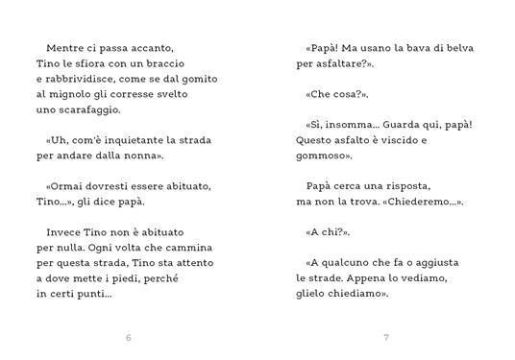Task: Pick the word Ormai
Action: pos(66,185)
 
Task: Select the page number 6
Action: pos(129,338)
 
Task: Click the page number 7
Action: pos(385,338)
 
